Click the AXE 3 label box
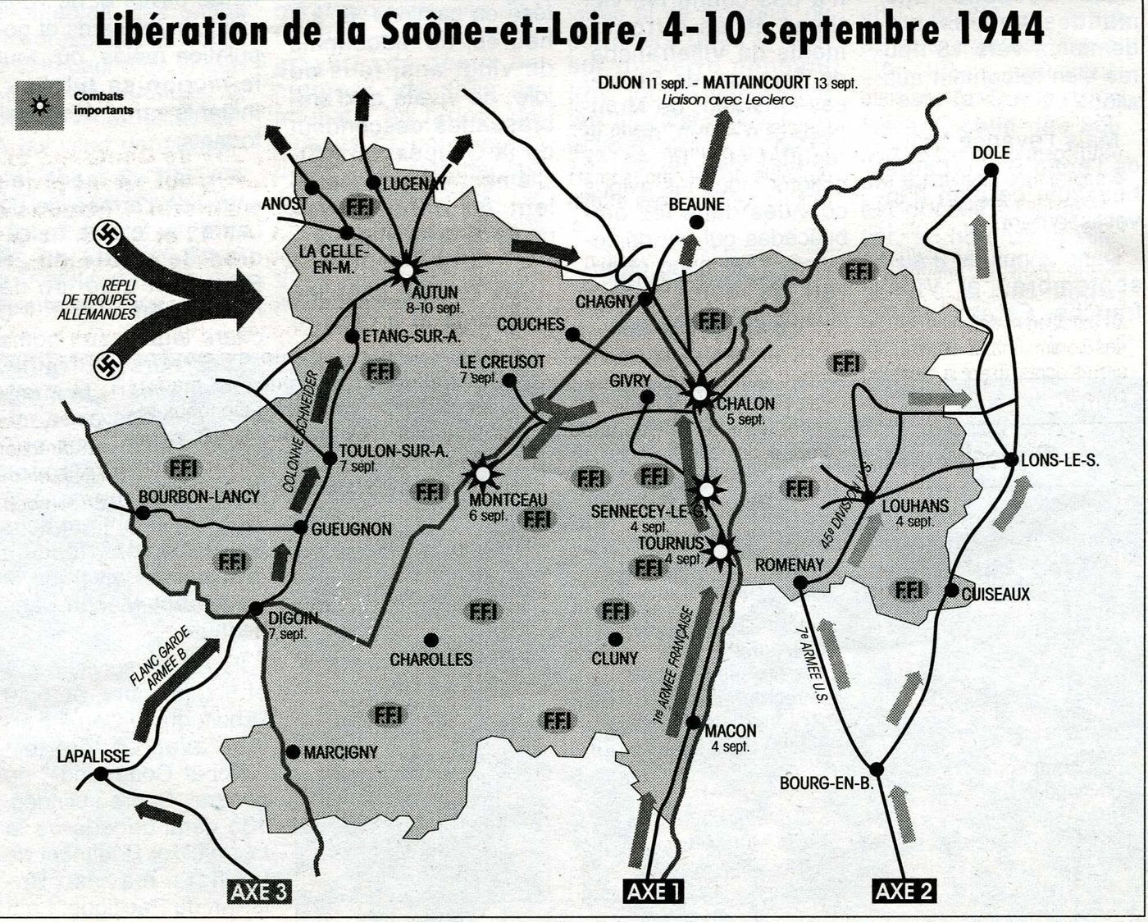257,891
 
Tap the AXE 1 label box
653,891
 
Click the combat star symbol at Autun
405,269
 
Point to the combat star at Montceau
482,474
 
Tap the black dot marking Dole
991,170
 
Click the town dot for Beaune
696,221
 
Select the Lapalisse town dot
100,774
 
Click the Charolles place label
430,660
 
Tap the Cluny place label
614,658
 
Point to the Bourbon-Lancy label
198,496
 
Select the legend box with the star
39,106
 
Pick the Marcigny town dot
293,751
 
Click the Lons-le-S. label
1060,460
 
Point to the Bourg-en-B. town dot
877,769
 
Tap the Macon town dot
694,723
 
